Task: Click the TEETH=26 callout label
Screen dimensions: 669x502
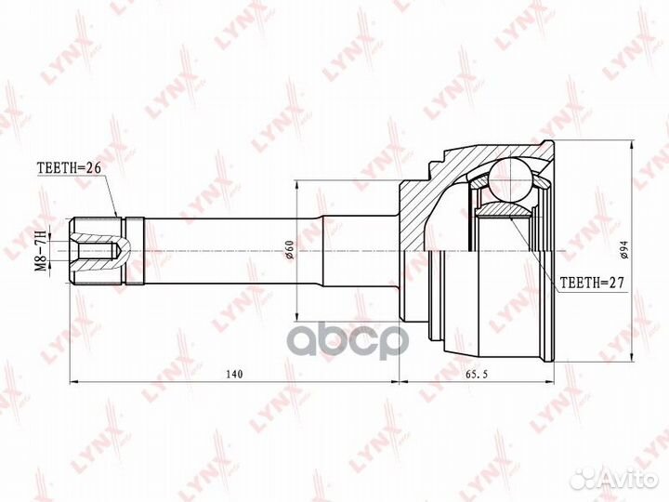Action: [69, 167]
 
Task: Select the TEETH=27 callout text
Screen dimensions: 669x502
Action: [592, 283]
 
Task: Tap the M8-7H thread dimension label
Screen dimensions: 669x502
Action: [40, 250]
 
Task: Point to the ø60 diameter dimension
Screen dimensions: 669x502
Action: [289, 250]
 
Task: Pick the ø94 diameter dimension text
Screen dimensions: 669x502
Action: [623, 249]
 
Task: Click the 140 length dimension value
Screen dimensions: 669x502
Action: [234, 375]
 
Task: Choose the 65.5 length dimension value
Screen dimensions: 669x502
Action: [476, 375]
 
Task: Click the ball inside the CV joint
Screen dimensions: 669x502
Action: [511, 180]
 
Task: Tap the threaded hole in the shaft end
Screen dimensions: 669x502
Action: [96, 251]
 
